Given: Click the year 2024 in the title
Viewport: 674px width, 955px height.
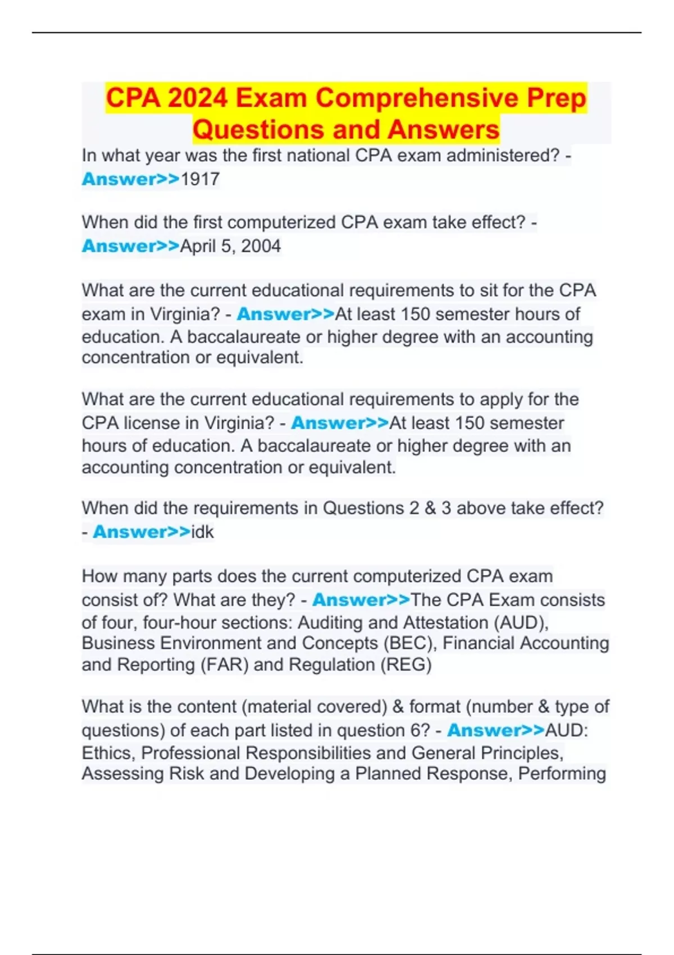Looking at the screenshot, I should [x=197, y=98].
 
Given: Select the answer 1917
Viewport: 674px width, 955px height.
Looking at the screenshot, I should [x=200, y=179].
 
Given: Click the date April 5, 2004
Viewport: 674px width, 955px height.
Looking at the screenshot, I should [x=230, y=246].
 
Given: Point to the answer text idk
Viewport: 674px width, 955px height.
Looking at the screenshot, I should [x=202, y=531].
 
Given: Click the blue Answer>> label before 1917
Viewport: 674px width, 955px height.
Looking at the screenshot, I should [x=130, y=179].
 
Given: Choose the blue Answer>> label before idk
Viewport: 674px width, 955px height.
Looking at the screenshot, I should [x=142, y=531].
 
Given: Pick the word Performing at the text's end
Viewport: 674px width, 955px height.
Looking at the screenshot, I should [x=562, y=774].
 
